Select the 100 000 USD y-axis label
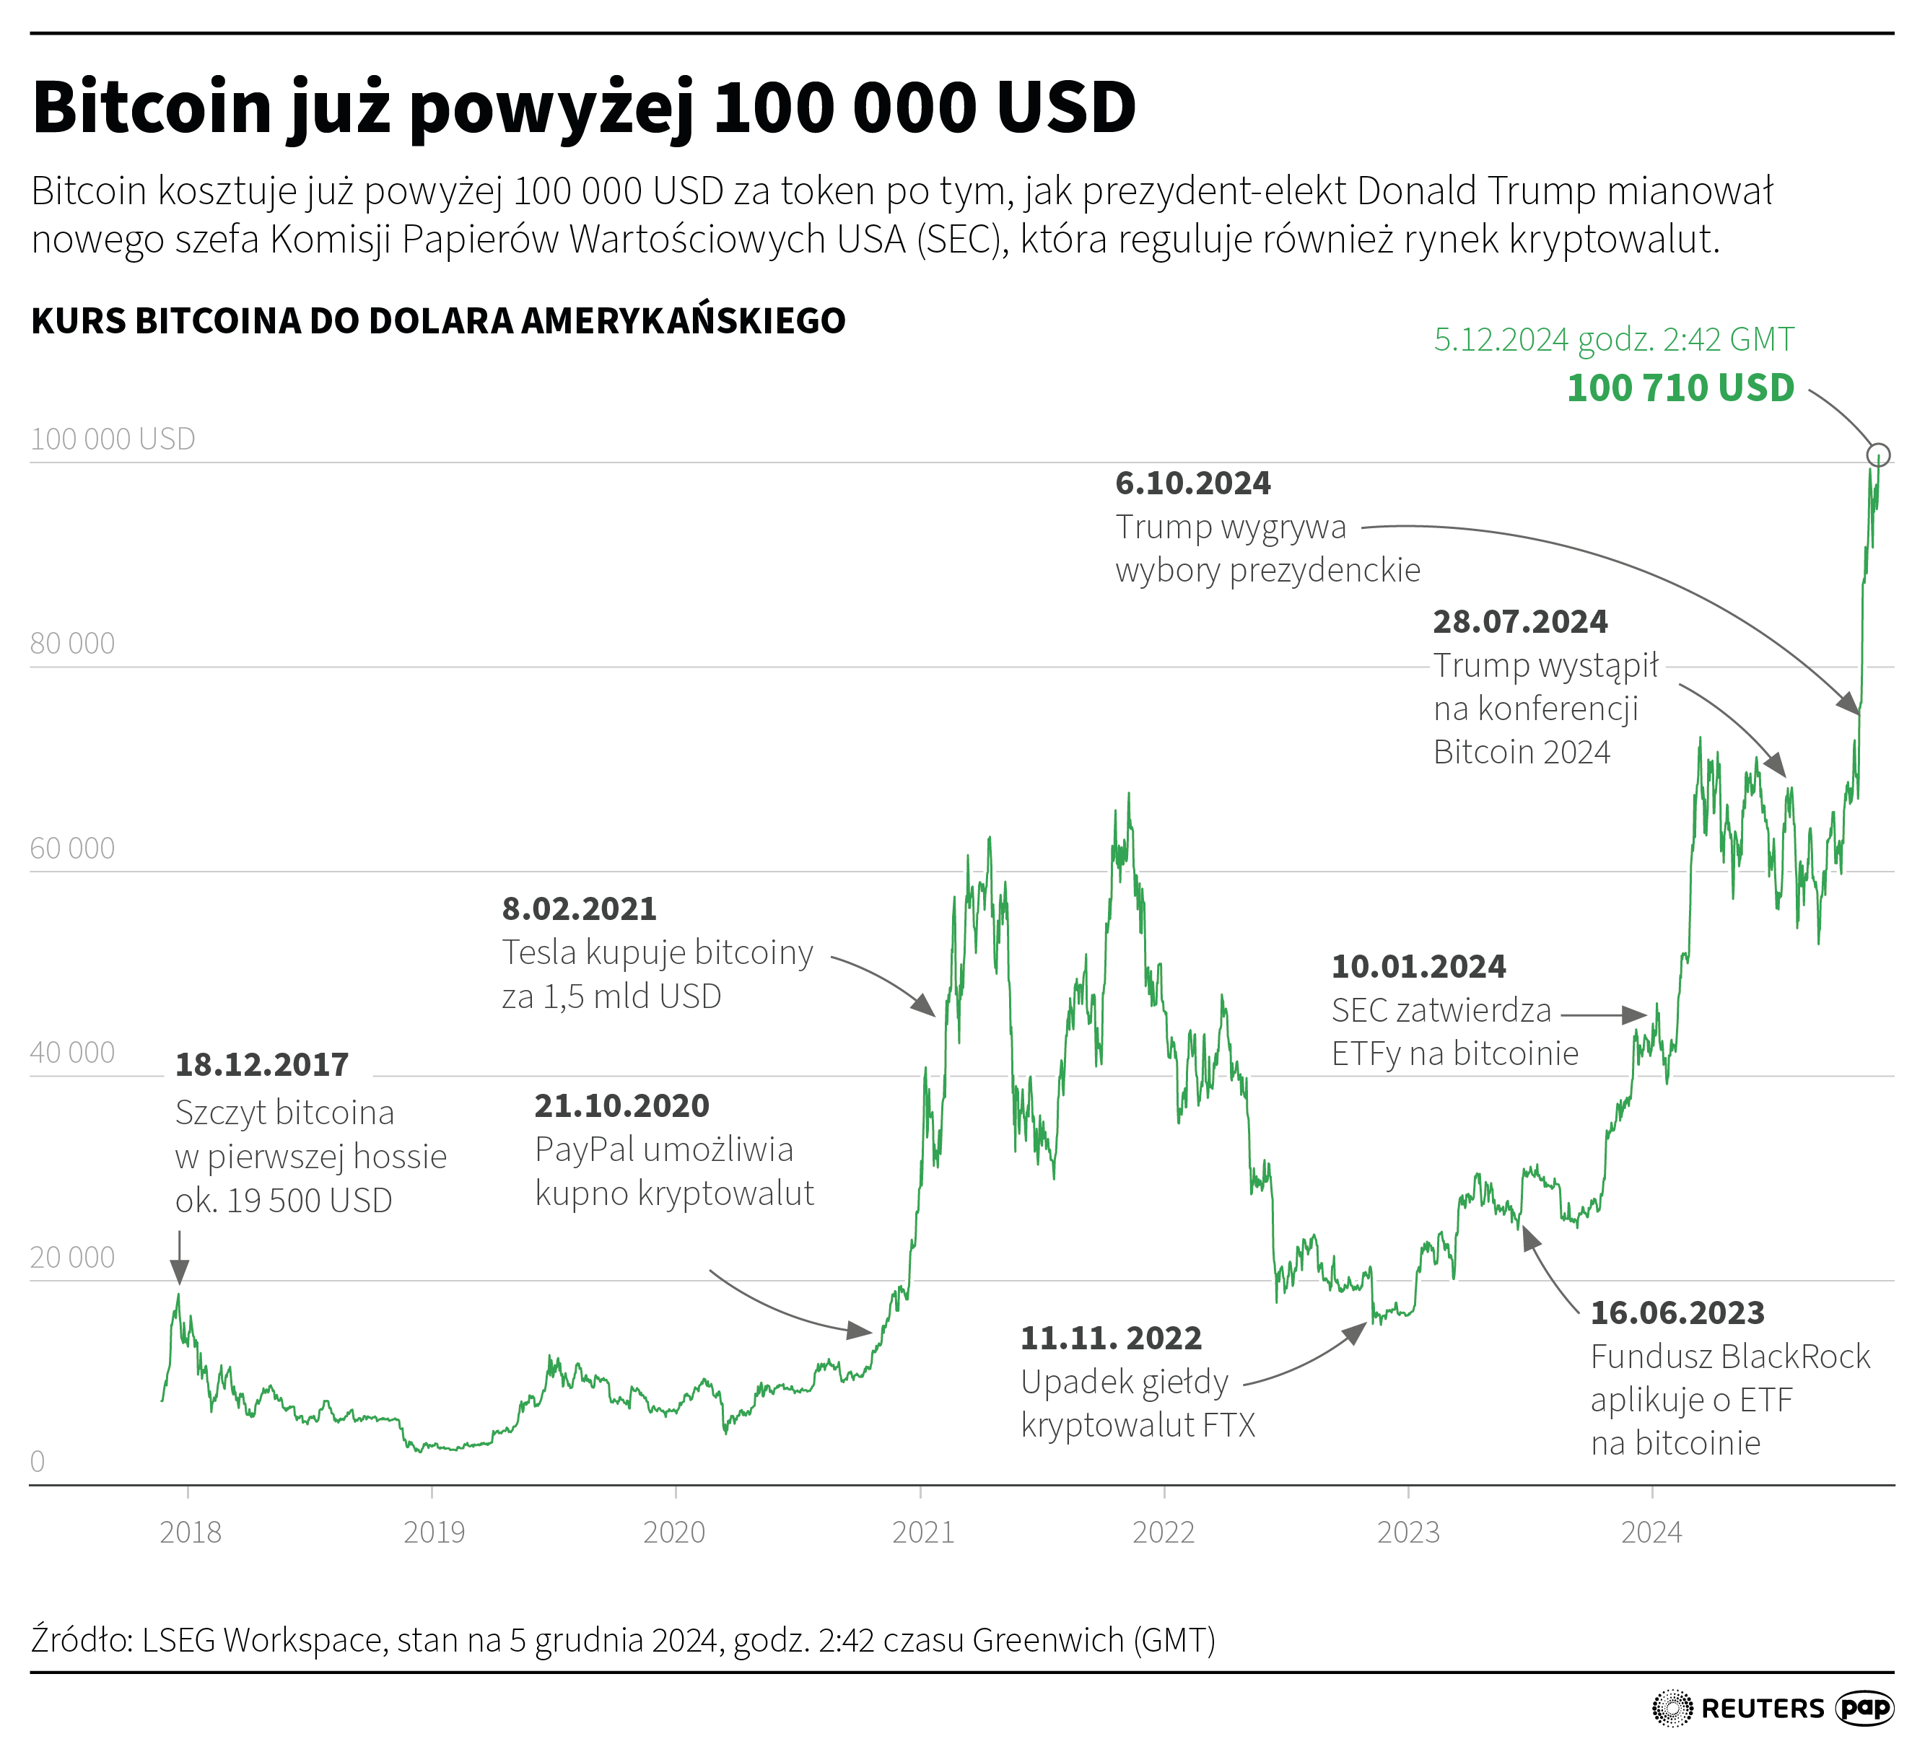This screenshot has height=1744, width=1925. coord(113,439)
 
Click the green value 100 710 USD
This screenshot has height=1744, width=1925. coord(1680,388)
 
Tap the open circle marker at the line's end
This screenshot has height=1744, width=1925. coord(1877,455)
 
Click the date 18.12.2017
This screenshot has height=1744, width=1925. coord(261,1064)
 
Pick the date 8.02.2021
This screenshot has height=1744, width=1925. coord(579,908)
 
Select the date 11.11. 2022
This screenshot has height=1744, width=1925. coord(1111,1338)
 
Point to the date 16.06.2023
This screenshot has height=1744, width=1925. coord(1677,1313)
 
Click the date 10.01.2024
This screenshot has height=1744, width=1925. coord(1418,966)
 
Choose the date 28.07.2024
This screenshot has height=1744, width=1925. coord(1519,621)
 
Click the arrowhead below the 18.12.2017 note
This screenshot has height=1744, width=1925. coord(180,1271)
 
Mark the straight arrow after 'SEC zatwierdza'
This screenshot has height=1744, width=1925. coord(1603,1015)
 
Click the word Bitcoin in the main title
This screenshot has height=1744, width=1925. coord(153,107)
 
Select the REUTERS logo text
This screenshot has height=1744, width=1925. coord(1762,1709)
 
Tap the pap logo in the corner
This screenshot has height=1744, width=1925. coord(1864,1708)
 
